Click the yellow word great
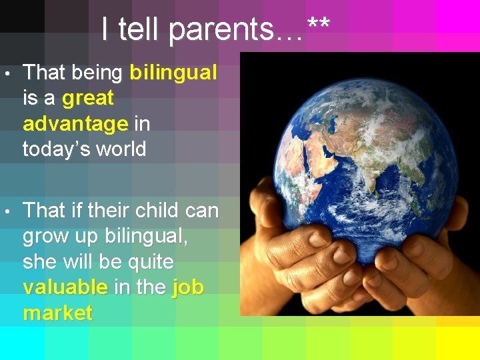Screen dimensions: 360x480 click(87, 99)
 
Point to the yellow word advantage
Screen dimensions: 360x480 click(75, 124)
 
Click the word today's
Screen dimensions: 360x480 click(55, 149)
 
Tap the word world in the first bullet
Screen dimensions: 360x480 click(119, 149)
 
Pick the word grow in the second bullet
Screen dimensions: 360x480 click(45, 237)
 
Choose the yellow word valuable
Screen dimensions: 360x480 click(65, 287)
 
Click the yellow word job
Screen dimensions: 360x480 click(187, 288)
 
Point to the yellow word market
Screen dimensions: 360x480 click(57, 313)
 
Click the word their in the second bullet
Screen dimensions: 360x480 click(107, 211)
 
